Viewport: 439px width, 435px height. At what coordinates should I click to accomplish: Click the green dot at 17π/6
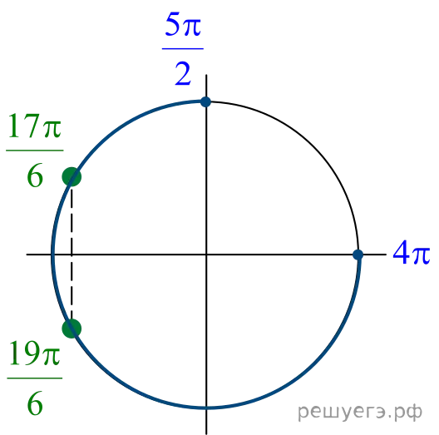(x=72, y=177)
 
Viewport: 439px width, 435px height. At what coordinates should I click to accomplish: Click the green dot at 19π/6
(x=72, y=329)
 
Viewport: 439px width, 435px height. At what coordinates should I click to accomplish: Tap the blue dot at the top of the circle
(x=206, y=101)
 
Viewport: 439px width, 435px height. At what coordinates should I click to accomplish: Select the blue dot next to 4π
(x=358, y=255)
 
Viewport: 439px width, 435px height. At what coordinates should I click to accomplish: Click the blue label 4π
(x=412, y=252)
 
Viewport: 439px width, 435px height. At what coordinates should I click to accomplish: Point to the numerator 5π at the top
(x=183, y=25)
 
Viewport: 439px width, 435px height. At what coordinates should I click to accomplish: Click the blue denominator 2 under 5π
(x=183, y=74)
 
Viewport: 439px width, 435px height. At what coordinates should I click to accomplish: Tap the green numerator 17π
(x=35, y=126)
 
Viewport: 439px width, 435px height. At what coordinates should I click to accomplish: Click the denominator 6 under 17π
(x=35, y=175)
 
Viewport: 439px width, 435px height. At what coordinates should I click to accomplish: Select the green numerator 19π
(x=35, y=353)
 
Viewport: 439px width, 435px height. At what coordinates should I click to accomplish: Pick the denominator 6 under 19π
(x=35, y=403)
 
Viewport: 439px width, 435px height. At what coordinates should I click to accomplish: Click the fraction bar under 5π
(x=183, y=49)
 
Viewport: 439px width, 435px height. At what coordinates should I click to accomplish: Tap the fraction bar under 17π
(x=35, y=151)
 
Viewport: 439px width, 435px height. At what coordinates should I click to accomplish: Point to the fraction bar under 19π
(x=35, y=378)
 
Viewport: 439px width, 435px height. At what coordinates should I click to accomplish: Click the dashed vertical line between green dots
(x=72, y=253)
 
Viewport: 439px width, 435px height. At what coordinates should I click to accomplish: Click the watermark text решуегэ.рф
(x=360, y=412)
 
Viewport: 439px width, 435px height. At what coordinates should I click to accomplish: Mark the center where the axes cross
(x=206, y=255)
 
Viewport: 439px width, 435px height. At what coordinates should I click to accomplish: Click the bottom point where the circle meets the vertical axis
(x=206, y=408)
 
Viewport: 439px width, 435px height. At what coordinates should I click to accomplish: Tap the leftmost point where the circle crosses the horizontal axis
(x=52, y=255)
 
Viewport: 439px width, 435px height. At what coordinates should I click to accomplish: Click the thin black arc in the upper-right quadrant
(x=314, y=146)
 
